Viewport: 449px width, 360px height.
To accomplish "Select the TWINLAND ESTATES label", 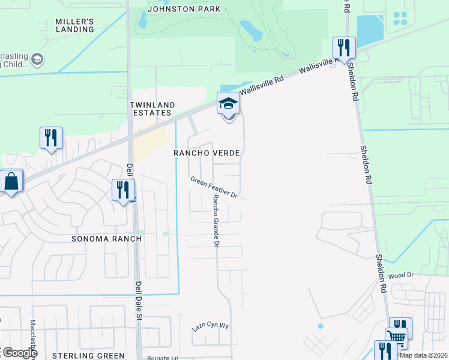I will (x=153, y=109).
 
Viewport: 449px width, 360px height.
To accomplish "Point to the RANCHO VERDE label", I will (x=206, y=153).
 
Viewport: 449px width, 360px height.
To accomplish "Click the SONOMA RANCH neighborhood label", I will (x=106, y=238).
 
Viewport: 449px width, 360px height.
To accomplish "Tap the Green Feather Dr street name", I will (x=215, y=187).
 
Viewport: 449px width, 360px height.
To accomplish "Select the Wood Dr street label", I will (x=402, y=275).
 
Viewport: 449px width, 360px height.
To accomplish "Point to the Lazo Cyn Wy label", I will (x=211, y=327).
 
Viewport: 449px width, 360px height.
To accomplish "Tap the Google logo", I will (x=19, y=353).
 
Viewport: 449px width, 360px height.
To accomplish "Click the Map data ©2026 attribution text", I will (x=423, y=355).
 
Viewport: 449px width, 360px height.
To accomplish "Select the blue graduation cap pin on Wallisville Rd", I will (x=228, y=104).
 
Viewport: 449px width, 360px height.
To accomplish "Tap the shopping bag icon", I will (x=11, y=181).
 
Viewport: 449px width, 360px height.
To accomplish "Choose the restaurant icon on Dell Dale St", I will (x=123, y=190).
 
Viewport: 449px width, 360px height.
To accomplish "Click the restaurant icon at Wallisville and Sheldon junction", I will (x=344, y=47).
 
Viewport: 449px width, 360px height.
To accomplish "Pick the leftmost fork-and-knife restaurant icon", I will (x=51, y=137).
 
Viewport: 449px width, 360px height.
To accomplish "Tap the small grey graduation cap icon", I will (x=38, y=59).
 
